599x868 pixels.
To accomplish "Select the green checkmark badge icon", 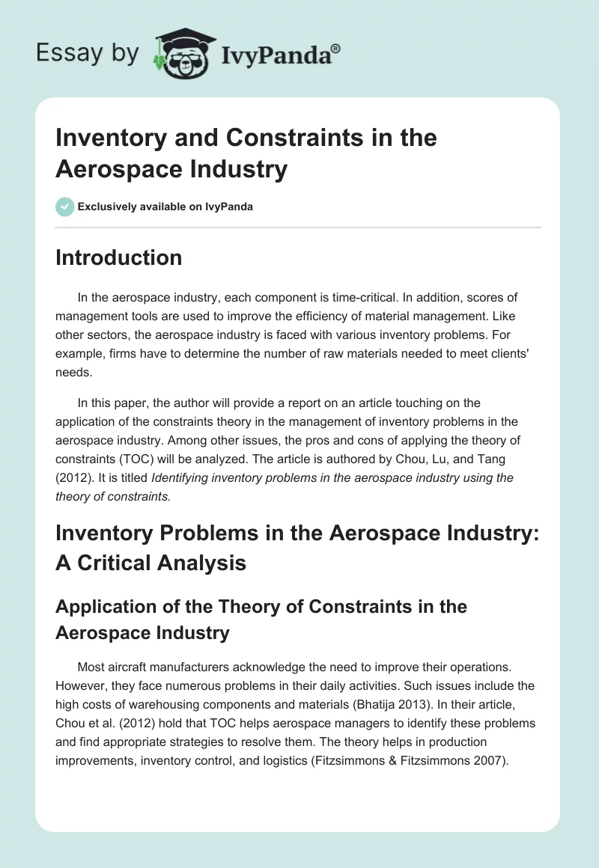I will click(x=65, y=207).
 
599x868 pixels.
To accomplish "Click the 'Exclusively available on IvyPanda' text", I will click(x=165, y=207).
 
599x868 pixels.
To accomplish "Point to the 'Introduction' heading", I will click(x=118, y=257).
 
